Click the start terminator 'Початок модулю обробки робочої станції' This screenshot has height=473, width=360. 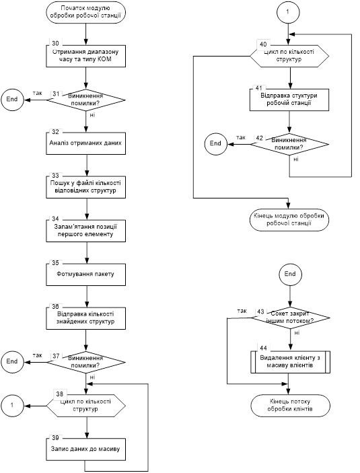click(x=86, y=12)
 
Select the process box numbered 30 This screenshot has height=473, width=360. click(x=86, y=56)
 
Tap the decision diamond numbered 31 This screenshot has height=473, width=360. click(x=86, y=100)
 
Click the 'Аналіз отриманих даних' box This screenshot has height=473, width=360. click(x=86, y=143)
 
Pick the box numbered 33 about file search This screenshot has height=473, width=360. click(x=86, y=187)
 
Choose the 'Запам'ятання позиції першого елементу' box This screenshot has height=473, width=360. click(x=86, y=231)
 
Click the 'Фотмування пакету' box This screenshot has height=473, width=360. click(x=86, y=275)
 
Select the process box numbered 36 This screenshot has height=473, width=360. click(x=86, y=318)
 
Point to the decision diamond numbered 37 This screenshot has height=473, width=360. click(x=86, y=362)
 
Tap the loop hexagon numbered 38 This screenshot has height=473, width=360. click(x=86, y=406)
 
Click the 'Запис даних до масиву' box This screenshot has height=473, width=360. click(x=86, y=449)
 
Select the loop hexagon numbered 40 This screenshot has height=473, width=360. click(x=289, y=56)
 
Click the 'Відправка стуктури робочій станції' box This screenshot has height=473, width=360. click(x=289, y=100)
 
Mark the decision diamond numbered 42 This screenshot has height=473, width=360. click(x=289, y=144)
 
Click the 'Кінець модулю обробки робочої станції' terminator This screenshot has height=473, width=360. click(x=289, y=220)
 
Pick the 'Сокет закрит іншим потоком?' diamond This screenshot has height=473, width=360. click(x=291, y=318)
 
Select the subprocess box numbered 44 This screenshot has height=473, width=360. click(x=291, y=362)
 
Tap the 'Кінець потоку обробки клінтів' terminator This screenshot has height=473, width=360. click(x=291, y=406)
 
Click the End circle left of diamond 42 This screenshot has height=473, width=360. click(x=216, y=143)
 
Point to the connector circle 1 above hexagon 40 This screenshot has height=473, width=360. click(x=287, y=12)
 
